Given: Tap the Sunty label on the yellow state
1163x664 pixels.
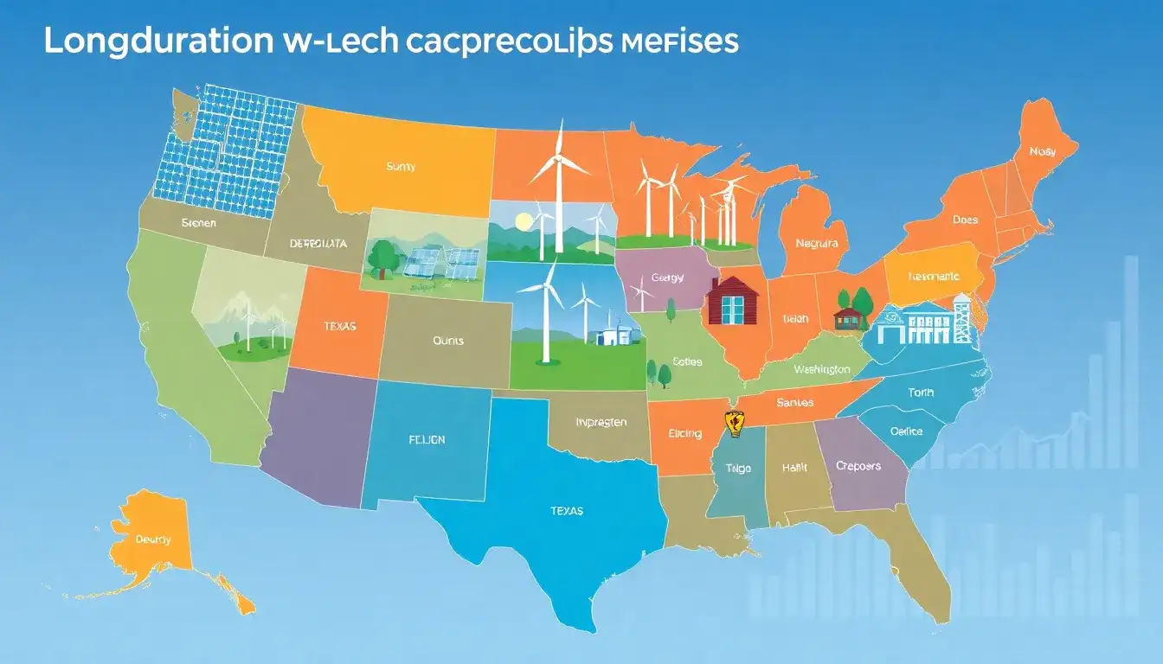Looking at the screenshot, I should [400, 167].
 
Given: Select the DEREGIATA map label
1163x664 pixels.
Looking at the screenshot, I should [318, 244].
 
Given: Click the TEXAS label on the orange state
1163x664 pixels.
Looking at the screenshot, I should [340, 328].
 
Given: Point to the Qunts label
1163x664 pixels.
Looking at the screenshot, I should [447, 341].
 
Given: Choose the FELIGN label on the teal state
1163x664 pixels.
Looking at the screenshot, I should [427, 440].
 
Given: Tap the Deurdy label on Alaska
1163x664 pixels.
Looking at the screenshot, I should [153, 539].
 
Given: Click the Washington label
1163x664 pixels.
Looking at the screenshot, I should [821, 369].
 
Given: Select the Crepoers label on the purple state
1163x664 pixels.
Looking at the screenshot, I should [858, 466].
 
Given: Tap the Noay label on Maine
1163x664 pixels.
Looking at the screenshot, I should [1043, 151].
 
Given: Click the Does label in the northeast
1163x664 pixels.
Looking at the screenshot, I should [965, 220].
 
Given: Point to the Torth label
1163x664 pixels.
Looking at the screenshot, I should [921, 393].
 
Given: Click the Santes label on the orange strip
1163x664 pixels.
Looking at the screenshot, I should [794, 403].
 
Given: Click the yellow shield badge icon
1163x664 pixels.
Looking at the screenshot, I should [734, 423].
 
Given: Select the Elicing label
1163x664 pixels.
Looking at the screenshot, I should [685, 434].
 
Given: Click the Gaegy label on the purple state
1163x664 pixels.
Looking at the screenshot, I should [667, 278].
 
